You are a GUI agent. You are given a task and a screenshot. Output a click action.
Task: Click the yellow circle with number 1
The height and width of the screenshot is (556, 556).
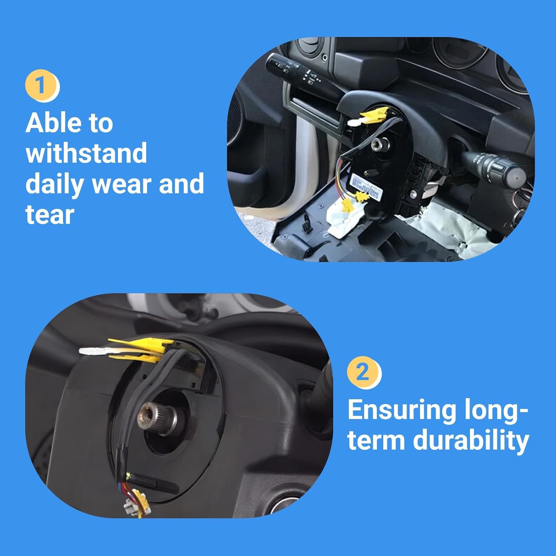click(42, 86)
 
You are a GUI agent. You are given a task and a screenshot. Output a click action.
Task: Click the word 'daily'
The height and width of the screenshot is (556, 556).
click(56, 184)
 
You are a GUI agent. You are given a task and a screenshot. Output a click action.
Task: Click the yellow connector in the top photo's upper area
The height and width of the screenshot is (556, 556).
click(374, 115)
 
